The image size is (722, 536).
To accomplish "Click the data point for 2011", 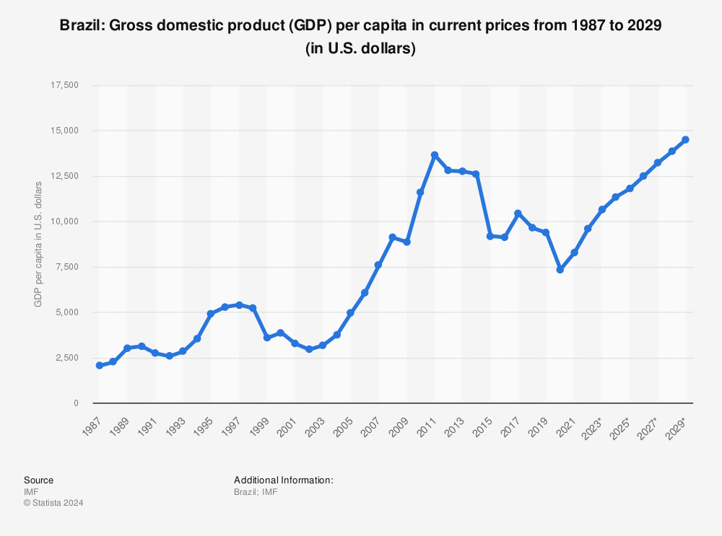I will coord(434,155).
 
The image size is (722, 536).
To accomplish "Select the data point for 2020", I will coord(560,269).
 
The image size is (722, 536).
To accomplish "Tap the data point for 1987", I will coord(99,366).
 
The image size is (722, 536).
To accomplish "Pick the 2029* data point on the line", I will coord(685,140).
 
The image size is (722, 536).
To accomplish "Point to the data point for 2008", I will coord(392,237).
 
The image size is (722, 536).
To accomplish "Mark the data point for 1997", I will coord(239,305).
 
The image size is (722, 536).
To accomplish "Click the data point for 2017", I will coord(518,214).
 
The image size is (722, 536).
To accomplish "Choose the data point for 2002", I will coord(308,349).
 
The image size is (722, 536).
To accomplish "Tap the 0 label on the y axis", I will coord(75,403).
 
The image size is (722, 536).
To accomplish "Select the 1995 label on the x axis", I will coord(203,426).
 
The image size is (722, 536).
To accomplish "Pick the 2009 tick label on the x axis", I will coord(399,426).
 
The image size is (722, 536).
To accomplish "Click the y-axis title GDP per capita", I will coord(38,245).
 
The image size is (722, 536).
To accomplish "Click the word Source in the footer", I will coord(38,480).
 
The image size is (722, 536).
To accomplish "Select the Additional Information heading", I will coord(283,480).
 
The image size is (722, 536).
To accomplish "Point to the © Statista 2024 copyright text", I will coord(53,503).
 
